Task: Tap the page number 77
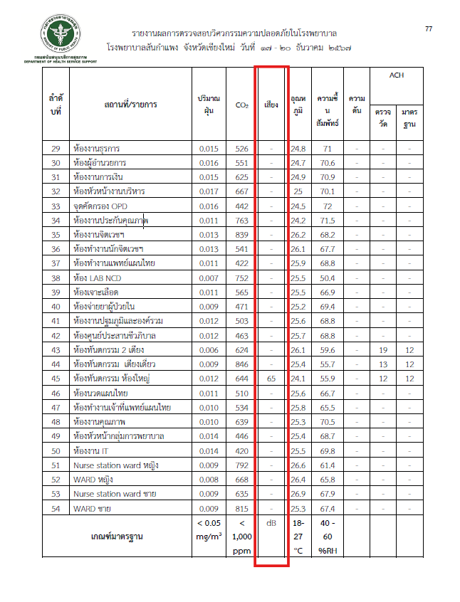(x=429, y=28)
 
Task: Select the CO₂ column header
(x=241, y=105)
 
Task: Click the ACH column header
(x=396, y=75)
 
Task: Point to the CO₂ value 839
(x=241, y=235)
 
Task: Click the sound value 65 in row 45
(x=271, y=379)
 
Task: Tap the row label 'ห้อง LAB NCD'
(x=100, y=278)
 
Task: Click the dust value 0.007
(x=209, y=278)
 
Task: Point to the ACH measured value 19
(x=382, y=350)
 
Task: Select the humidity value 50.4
(x=328, y=278)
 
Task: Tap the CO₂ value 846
(x=241, y=364)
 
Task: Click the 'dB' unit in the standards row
(x=271, y=524)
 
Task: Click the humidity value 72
(x=328, y=206)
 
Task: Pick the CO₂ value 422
(x=241, y=263)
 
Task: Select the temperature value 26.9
(x=298, y=494)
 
